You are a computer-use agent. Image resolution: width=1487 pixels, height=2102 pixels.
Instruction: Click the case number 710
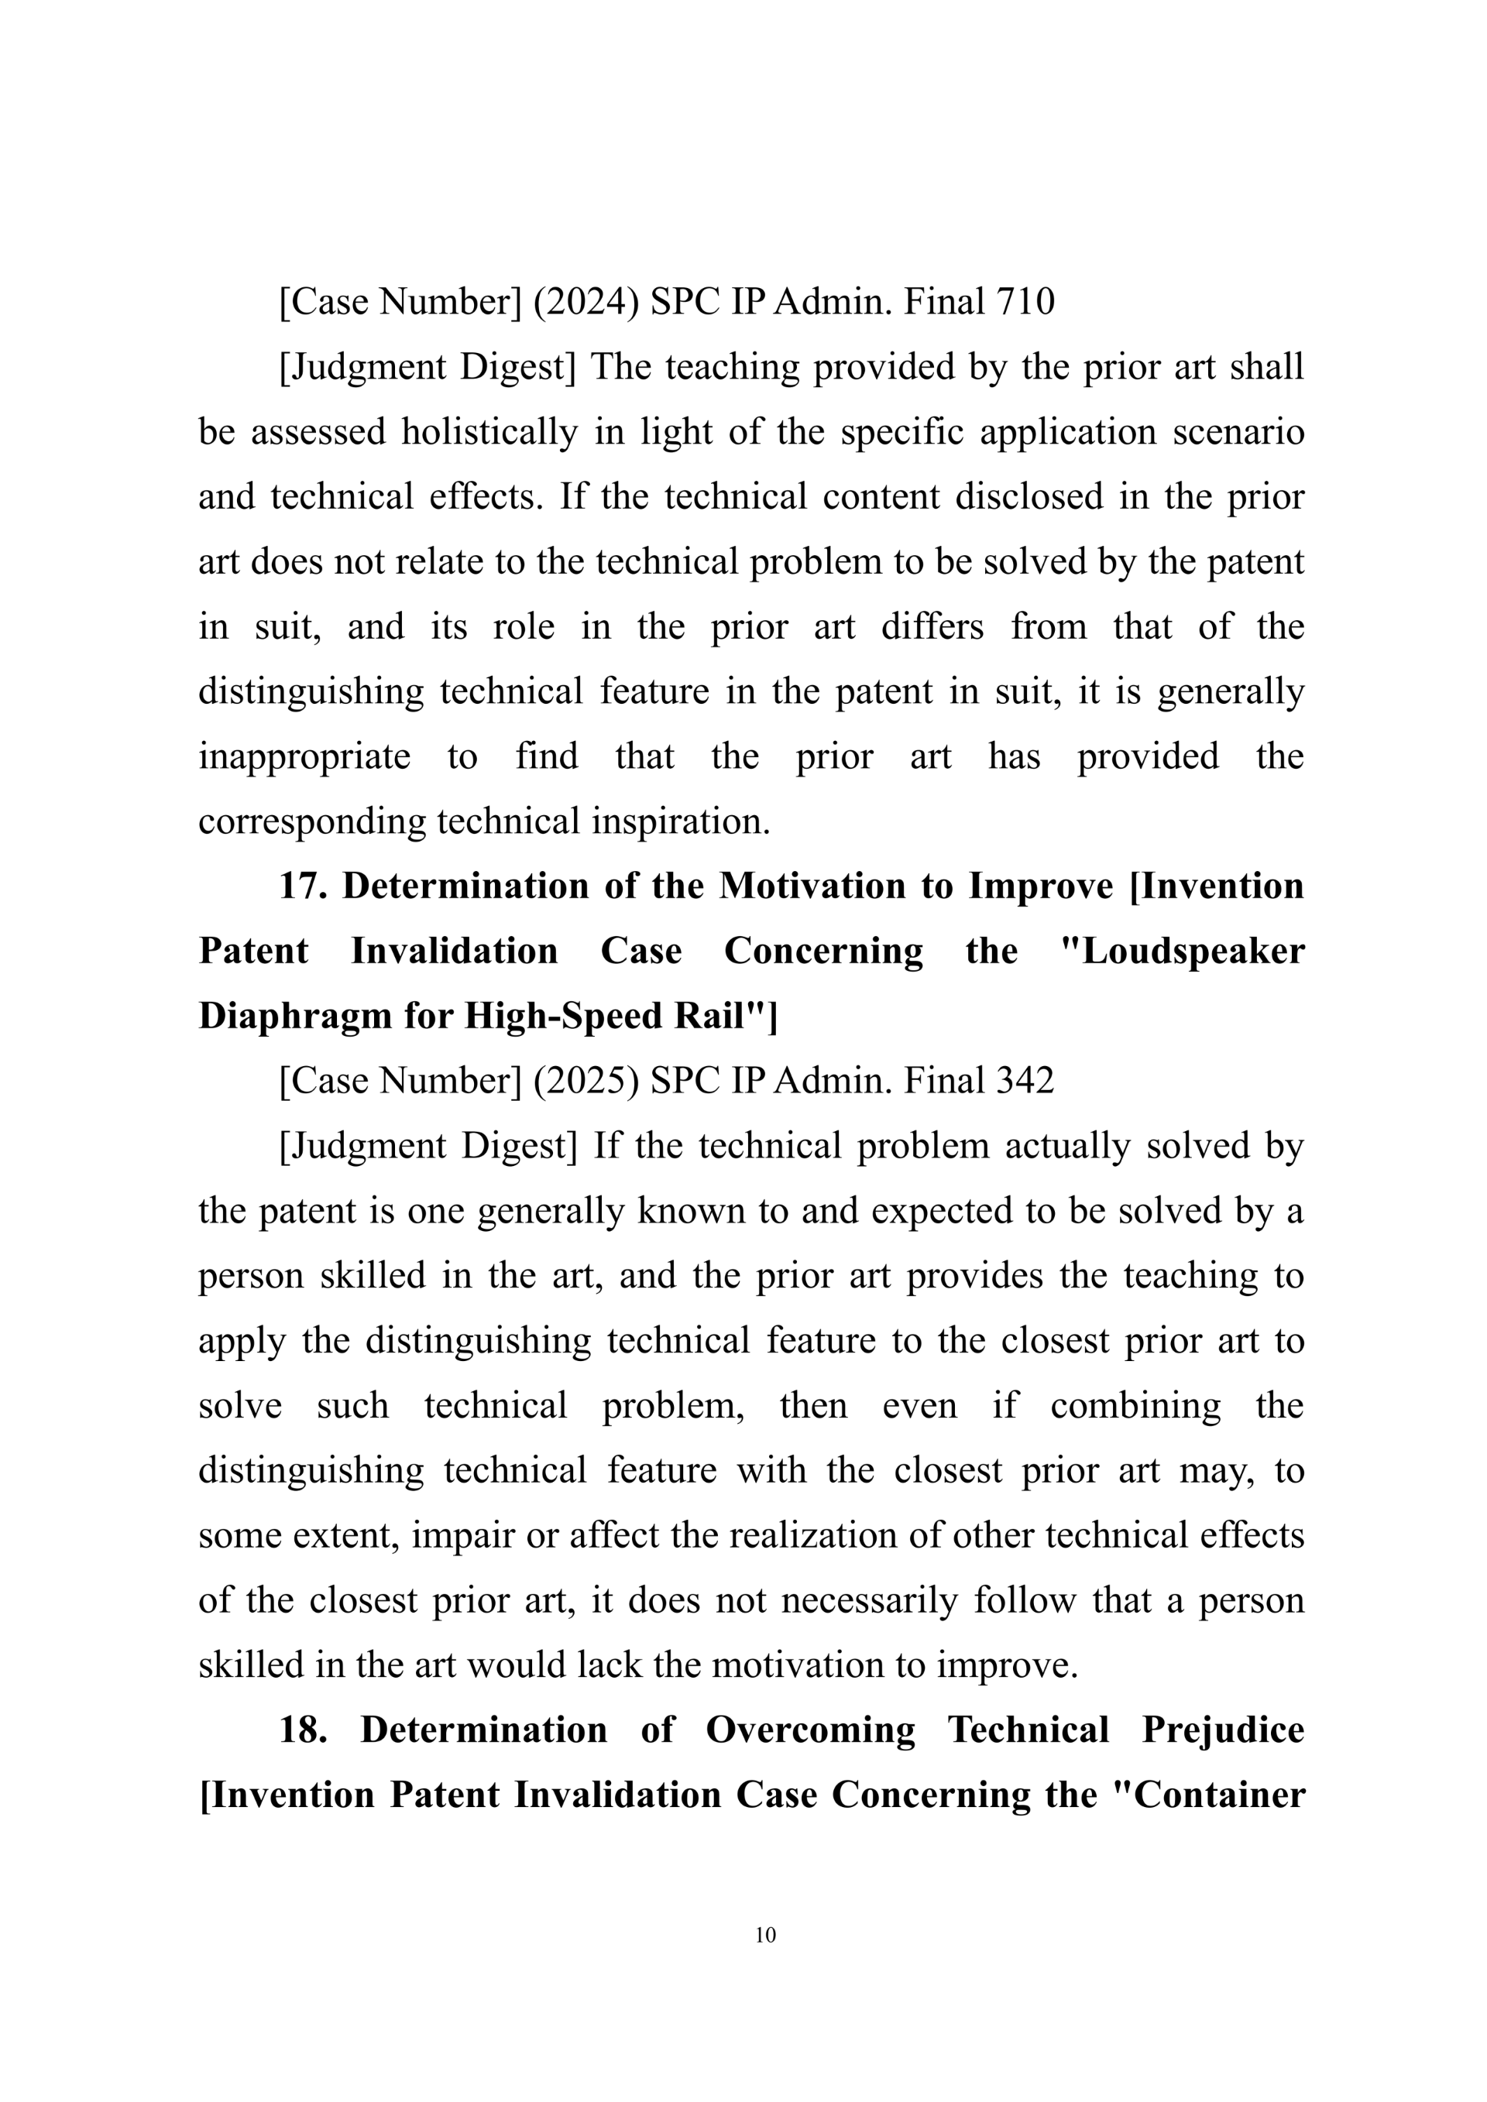coord(1025,302)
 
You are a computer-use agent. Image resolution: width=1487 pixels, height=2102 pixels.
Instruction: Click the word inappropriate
coord(304,757)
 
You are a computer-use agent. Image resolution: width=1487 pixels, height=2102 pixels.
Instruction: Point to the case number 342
coord(1025,1082)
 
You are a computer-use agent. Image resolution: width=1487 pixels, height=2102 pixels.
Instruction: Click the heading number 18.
coord(302,1730)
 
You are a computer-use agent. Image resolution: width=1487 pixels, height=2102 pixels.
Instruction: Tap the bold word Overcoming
coord(810,1730)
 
